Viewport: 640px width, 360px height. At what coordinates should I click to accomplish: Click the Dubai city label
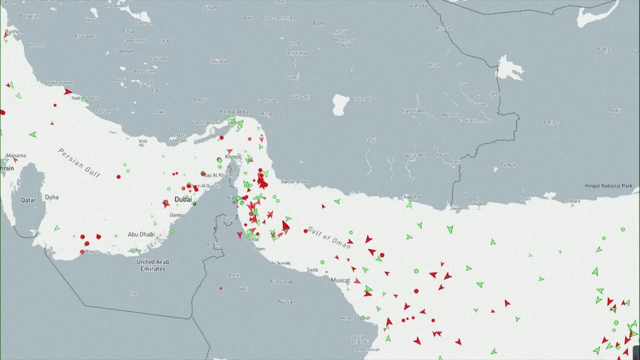coord(183,199)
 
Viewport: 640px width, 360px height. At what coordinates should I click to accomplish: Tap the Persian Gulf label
coord(79,162)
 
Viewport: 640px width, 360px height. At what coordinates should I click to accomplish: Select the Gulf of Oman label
coord(329,237)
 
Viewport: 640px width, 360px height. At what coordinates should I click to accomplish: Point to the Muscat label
coord(340,280)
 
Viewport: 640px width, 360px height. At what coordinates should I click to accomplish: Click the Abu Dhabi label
coord(141,234)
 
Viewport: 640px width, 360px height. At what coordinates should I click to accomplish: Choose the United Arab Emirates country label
coord(152,265)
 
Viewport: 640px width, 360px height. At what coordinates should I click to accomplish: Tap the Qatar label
coord(28,200)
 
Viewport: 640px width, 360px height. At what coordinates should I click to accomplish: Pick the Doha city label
coord(51,197)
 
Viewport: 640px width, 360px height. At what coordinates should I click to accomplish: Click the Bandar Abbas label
coord(235,112)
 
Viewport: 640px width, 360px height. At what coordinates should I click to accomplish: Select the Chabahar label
coord(411,197)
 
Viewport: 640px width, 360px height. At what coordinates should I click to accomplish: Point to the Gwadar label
coord(478,203)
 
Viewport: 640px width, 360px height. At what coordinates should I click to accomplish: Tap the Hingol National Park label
coord(608,186)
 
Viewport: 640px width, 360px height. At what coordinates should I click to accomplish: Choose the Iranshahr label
coord(413,110)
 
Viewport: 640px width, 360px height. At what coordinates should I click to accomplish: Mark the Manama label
coord(15,155)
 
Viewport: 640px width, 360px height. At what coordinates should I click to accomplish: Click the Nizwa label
coord(285,301)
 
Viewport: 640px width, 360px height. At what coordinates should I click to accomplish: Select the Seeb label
coord(312,270)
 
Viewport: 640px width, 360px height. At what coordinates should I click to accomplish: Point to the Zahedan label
coord(419,5)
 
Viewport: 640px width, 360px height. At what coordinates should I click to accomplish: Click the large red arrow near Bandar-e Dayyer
coord(68,91)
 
